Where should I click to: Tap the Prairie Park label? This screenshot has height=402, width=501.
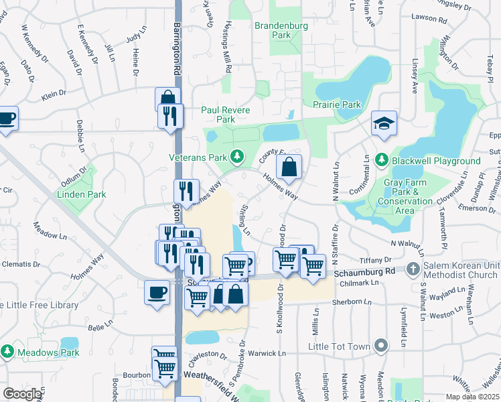[336, 105]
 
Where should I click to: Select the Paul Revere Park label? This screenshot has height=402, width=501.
[226, 115]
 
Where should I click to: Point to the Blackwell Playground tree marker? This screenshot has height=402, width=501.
[381, 161]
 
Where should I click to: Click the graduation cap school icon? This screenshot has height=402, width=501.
[384, 123]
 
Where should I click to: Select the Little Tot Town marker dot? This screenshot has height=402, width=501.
[381, 346]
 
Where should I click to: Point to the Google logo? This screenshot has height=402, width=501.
[23, 394]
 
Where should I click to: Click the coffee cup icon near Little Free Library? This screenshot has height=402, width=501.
[157, 292]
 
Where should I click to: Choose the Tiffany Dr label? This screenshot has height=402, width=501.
[375, 260]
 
